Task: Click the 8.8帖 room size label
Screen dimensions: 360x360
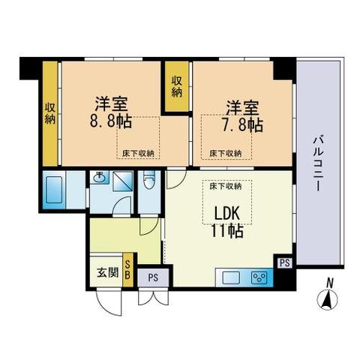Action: point(111,121)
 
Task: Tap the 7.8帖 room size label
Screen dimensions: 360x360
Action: point(242,124)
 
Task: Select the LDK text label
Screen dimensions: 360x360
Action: point(227,213)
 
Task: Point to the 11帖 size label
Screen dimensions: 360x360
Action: point(227,230)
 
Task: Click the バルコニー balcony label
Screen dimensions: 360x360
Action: point(317,163)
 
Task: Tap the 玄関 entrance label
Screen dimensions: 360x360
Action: point(107,272)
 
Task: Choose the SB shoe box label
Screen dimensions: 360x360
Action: point(127,269)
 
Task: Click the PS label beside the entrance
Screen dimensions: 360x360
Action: point(153,277)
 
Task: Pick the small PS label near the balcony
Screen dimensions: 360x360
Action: point(285,262)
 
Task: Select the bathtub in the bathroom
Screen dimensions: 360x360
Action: point(54,190)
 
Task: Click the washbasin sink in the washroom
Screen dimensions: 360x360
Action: point(99,177)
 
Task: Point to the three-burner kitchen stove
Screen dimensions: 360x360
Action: point(260,277)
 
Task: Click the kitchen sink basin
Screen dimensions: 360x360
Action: point(231,277)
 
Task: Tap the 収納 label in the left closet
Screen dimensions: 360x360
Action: point(50,114)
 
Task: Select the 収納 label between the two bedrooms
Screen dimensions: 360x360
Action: point(177,86)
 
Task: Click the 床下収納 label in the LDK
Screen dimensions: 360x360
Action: point(225,186)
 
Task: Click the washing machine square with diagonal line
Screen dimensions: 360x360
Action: point(123,181)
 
